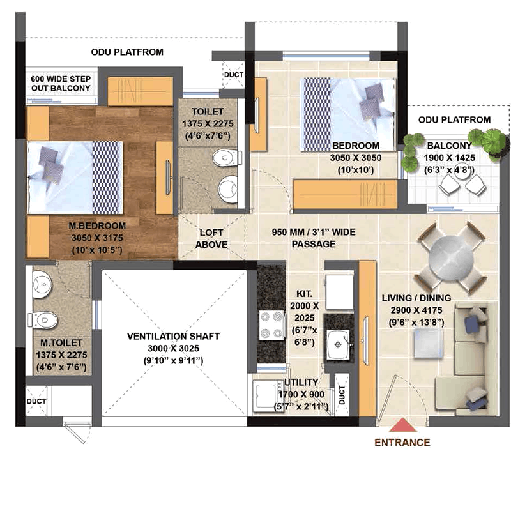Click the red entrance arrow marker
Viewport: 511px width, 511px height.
(x=403, y=425)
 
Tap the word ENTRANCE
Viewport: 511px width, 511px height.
(x=402, y=443)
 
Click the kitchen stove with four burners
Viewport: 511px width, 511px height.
(x=271, y=325)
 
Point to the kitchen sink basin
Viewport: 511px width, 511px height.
(x=339, y=344)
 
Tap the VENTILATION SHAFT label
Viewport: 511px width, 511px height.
(x=173, y=337)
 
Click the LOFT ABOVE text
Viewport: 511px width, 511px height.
(x=211, y=238)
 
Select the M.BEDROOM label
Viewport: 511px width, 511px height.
(x=97, y=225)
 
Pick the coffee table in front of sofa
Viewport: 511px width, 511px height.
(x=428, y=343)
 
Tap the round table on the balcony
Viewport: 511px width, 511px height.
(x=462, y=171)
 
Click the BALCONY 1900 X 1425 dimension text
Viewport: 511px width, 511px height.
(x=450, y=158)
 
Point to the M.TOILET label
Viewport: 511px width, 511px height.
(x=61, y=343)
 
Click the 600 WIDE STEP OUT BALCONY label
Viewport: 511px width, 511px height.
(x=61, y=84)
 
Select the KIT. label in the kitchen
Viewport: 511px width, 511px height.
(x=304, y=294)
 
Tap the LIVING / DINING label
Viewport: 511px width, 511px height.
(x=416, y=298)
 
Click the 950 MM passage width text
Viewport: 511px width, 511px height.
(x=314, y=232)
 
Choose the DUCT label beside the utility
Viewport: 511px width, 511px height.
(x=342, y=395)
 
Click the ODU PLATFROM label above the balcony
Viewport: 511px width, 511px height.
(x=454, y=120)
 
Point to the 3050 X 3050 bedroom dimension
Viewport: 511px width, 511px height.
(x=356, y=158)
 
